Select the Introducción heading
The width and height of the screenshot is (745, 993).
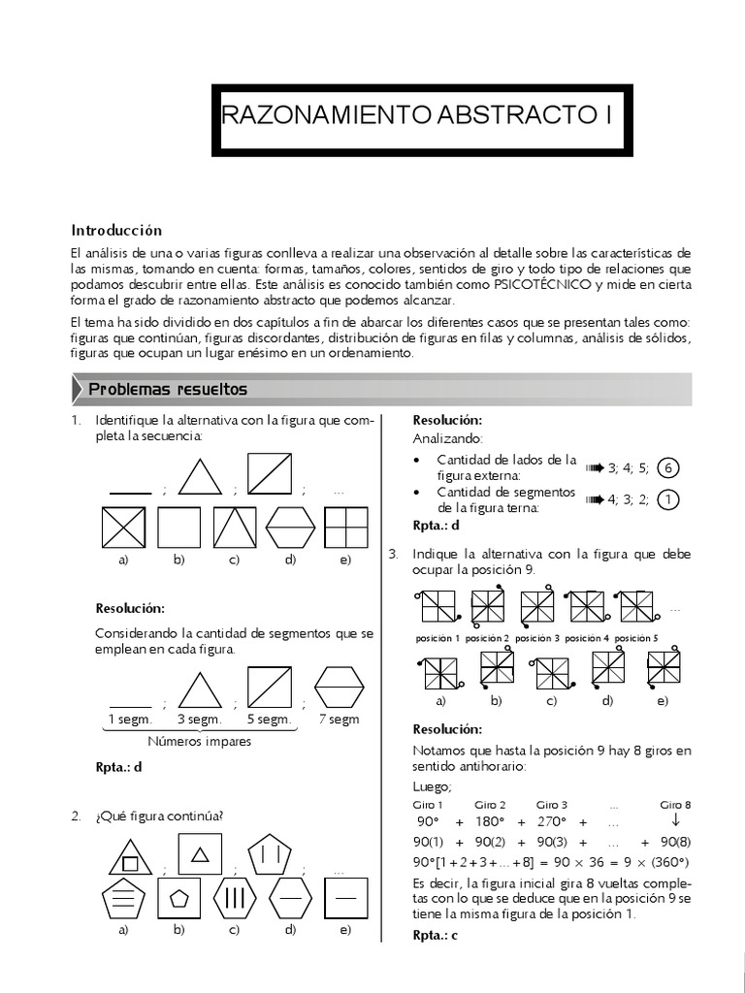[116, 230]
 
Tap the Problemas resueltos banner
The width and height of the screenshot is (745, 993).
[168, 390]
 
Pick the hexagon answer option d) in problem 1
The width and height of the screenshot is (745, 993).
[290, 528]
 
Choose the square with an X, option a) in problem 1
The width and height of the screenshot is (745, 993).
[123, 528]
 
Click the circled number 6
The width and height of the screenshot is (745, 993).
[666, 469]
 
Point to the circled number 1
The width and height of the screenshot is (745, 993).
[666, 500]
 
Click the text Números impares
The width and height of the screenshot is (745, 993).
[200, 742]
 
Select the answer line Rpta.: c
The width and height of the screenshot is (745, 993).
[435, 935]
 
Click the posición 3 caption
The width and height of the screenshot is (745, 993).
[536, 639]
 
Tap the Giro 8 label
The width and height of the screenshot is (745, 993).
[675, 805]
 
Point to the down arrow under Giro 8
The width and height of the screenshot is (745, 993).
[675, 821]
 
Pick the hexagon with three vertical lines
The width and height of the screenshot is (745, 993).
[234, 896]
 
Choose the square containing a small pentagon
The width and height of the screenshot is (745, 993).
[178, 896]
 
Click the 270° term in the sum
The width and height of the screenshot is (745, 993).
[549, 821]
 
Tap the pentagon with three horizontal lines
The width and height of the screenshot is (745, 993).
[123, 897]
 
